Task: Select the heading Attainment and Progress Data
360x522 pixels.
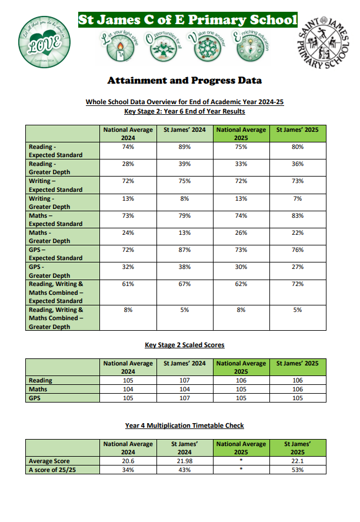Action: (185, 81)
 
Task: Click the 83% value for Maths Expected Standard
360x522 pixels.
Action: (298, 215)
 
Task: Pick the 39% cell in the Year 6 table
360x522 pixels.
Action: (184, 164)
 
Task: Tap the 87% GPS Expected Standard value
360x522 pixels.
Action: (184, 250)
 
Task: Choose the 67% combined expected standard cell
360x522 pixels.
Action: (184, 284)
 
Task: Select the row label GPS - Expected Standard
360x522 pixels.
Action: (55, 254)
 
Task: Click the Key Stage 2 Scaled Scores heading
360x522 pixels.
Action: (185, 345)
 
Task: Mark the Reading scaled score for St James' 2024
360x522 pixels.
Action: (184, 380)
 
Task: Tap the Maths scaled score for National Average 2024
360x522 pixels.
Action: (128, 389)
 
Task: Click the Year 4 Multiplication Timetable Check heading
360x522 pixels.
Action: (185, 425)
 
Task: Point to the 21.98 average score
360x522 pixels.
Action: (184, 461)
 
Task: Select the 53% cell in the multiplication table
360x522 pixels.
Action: (298, 470)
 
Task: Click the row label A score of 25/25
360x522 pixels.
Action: (52, 470)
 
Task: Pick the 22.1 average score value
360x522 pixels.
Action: (298, 461)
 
